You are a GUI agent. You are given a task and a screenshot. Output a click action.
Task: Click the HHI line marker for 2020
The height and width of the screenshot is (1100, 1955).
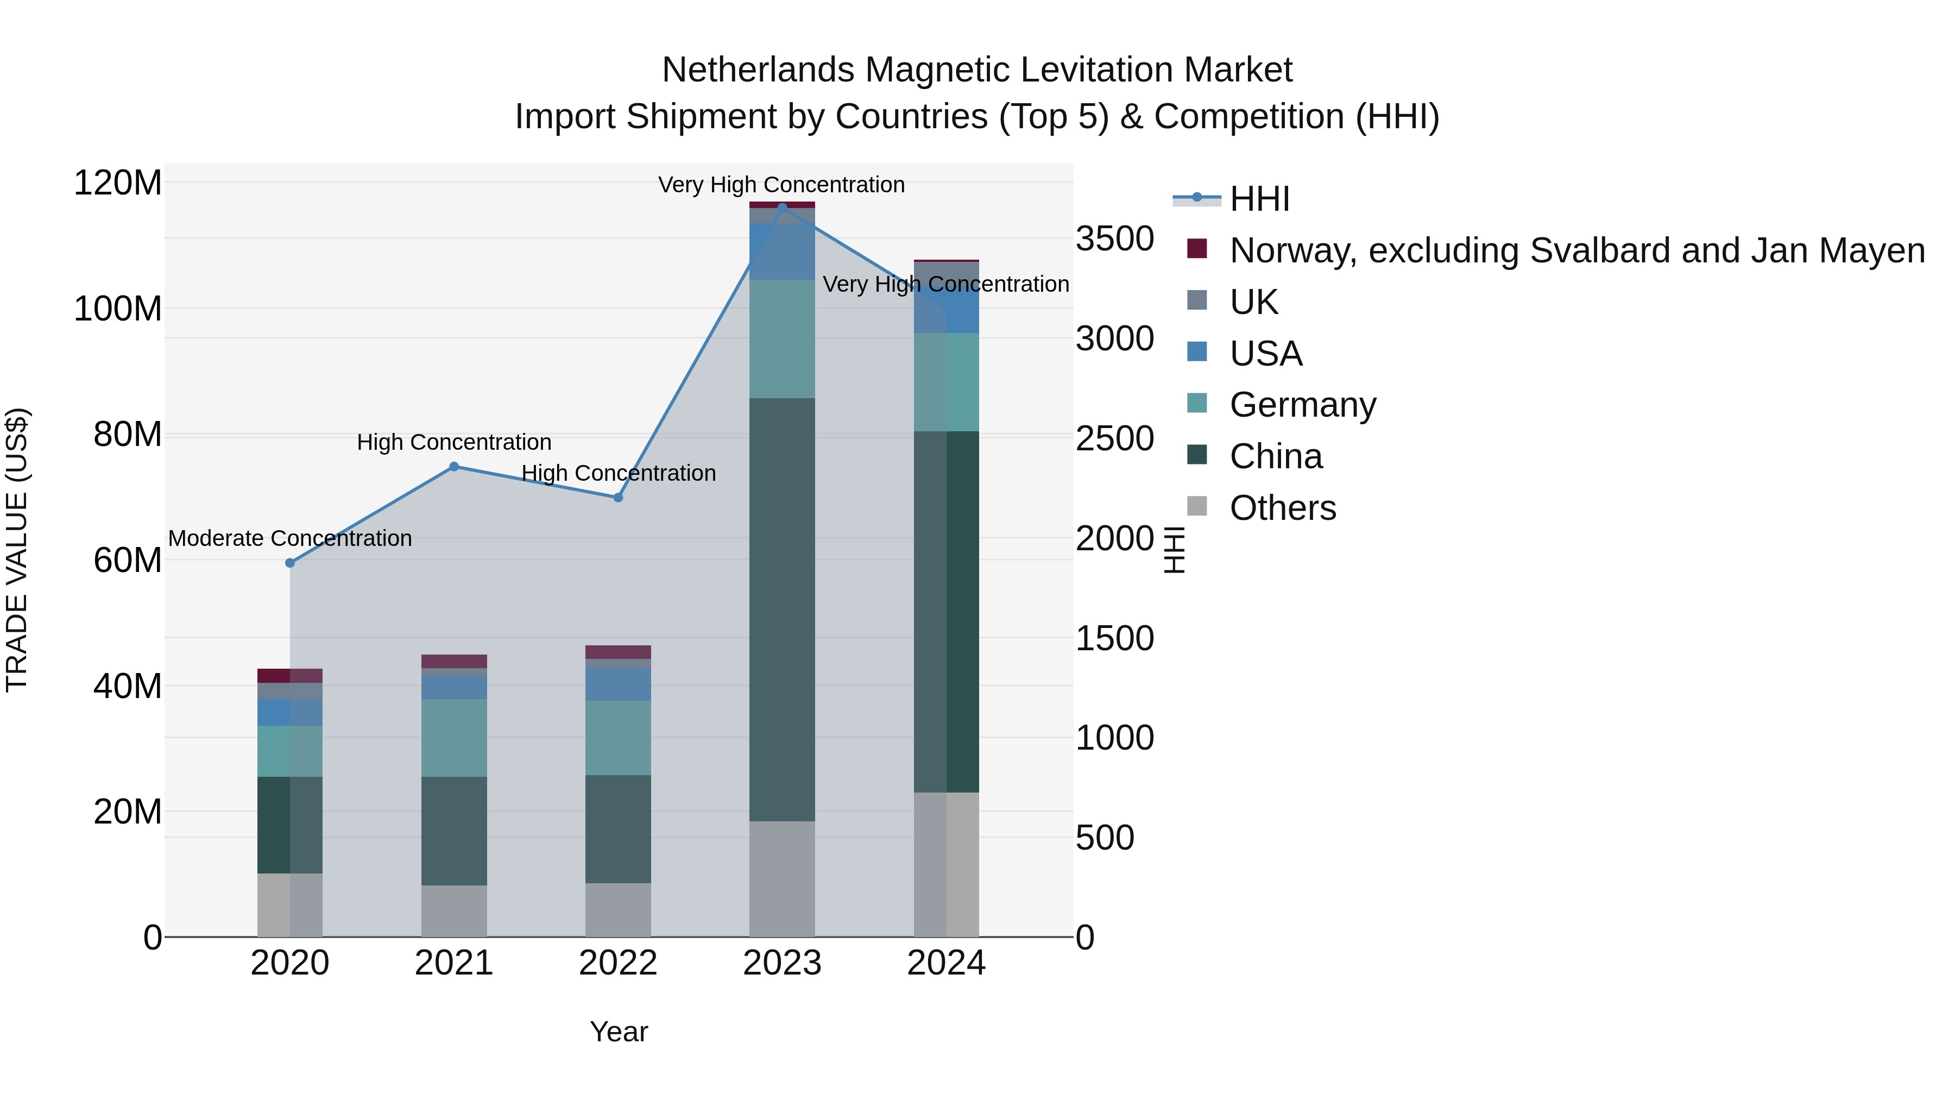(290, 563)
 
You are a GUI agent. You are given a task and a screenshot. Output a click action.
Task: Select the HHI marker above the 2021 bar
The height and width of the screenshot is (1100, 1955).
(454, 466)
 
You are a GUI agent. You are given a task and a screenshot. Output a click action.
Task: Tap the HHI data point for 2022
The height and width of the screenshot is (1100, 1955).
(618, 497)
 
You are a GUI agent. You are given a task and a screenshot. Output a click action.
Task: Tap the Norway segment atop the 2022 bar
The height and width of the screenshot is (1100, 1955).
(618, 651)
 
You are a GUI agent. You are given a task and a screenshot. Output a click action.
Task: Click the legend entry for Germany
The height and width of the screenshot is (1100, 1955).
(1302, 405)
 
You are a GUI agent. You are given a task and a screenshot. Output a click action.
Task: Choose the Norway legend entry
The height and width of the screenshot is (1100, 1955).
(1576, 250)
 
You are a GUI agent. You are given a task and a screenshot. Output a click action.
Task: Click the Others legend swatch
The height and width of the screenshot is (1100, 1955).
(1197, 506)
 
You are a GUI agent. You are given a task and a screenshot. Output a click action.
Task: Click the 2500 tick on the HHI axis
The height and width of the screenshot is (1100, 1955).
(1114, 439)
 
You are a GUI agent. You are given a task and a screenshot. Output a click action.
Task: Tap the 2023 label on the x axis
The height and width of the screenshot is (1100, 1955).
(781, 963)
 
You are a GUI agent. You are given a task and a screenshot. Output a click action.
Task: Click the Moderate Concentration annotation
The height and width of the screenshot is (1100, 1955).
(290, 538)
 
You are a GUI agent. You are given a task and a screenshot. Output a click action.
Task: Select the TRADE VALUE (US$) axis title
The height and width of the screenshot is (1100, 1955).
(17, 550)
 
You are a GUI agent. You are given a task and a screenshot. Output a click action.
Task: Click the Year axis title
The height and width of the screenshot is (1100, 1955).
(619, 1032)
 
